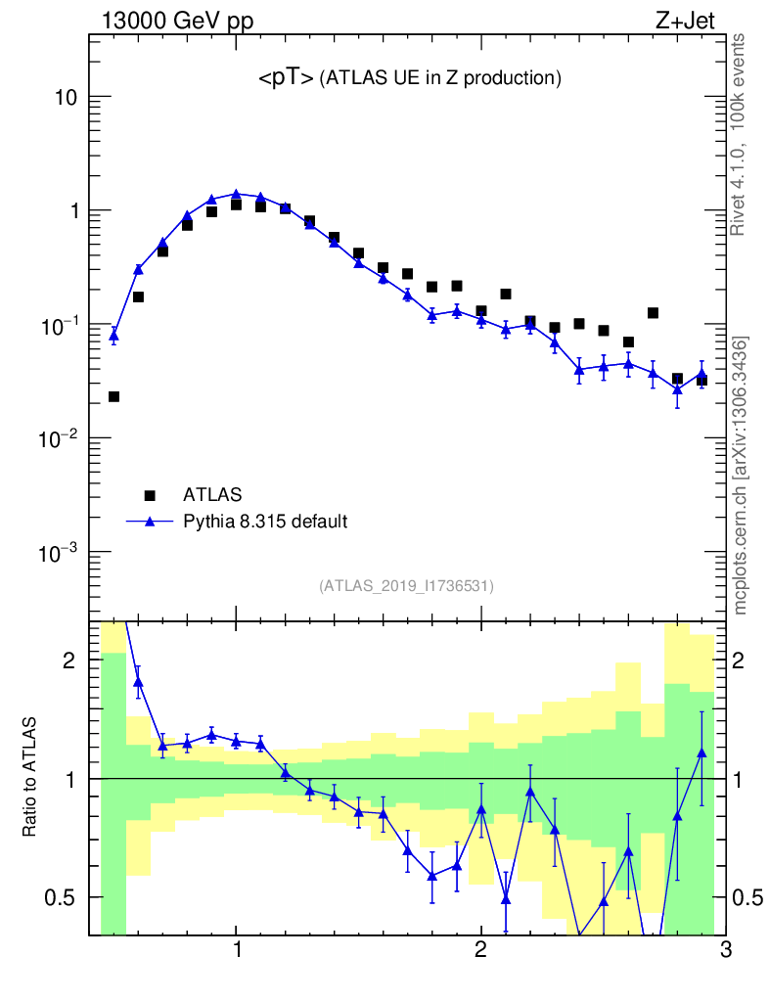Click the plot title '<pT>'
(x=286, y=79)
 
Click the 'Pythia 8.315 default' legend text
(x=264, y=522)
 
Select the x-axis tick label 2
(x=480, y=950)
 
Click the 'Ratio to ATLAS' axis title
(x=29, y=779)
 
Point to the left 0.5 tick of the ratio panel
(x=63, y=897)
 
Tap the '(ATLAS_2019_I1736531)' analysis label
(x=406, y=586)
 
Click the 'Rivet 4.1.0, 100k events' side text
(x=742, y=134)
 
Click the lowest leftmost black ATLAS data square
(x=113, y=396)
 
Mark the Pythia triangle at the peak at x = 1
(x=236, y=194)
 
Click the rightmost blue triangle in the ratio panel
(x=701, y=751)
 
